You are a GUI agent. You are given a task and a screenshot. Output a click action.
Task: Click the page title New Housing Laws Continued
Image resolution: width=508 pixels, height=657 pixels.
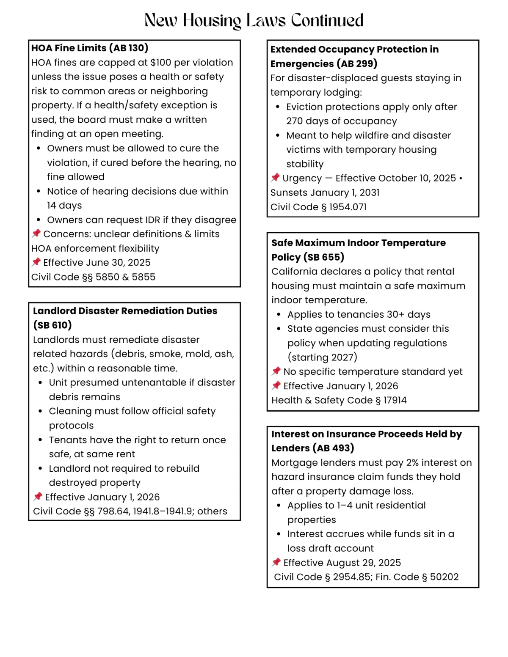click(x=254, y=20)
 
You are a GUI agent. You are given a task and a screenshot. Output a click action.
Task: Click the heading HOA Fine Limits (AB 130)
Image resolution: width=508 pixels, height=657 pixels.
click(x=90, y=48)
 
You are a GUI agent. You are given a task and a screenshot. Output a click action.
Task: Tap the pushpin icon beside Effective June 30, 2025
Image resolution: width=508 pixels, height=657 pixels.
click(x=36, y=262)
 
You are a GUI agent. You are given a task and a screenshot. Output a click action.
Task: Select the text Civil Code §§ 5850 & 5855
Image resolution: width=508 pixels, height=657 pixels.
click(x=93, y=277)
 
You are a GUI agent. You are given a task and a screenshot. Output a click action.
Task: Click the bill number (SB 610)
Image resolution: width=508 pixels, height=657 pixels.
click(x=52, y=325)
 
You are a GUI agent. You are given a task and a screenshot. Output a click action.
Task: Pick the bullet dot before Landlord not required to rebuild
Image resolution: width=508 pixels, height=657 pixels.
click(x=40, y=468)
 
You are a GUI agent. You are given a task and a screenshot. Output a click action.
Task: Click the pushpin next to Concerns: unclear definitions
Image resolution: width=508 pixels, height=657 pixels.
click(x=36, y=234)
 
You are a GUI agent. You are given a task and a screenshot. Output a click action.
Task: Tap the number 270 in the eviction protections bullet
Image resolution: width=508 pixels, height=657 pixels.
click(x=295, y=121)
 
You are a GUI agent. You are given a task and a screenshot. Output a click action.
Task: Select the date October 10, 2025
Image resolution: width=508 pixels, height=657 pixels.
click(x=417, y=178)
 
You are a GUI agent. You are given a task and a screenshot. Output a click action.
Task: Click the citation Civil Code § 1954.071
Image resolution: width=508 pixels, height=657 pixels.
click(x=318, y=207)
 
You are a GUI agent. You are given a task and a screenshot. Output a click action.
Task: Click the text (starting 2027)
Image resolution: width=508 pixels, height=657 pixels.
click(x=322, y=357)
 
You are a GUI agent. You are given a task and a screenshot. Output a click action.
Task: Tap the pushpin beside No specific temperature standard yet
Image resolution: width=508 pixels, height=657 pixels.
click(x=276, y=371)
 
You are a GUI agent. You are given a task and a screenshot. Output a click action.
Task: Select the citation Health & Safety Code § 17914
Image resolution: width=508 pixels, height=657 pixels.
click(x=339, y=400)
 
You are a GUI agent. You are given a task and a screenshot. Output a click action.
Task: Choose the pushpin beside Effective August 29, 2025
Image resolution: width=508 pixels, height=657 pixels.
click(x=276, y=562)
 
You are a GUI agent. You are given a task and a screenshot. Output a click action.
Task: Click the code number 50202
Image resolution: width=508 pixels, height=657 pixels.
click(x=444, y=577)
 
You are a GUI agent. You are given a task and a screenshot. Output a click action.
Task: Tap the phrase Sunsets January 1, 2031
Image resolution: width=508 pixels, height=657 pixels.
click(x=325, y=192)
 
